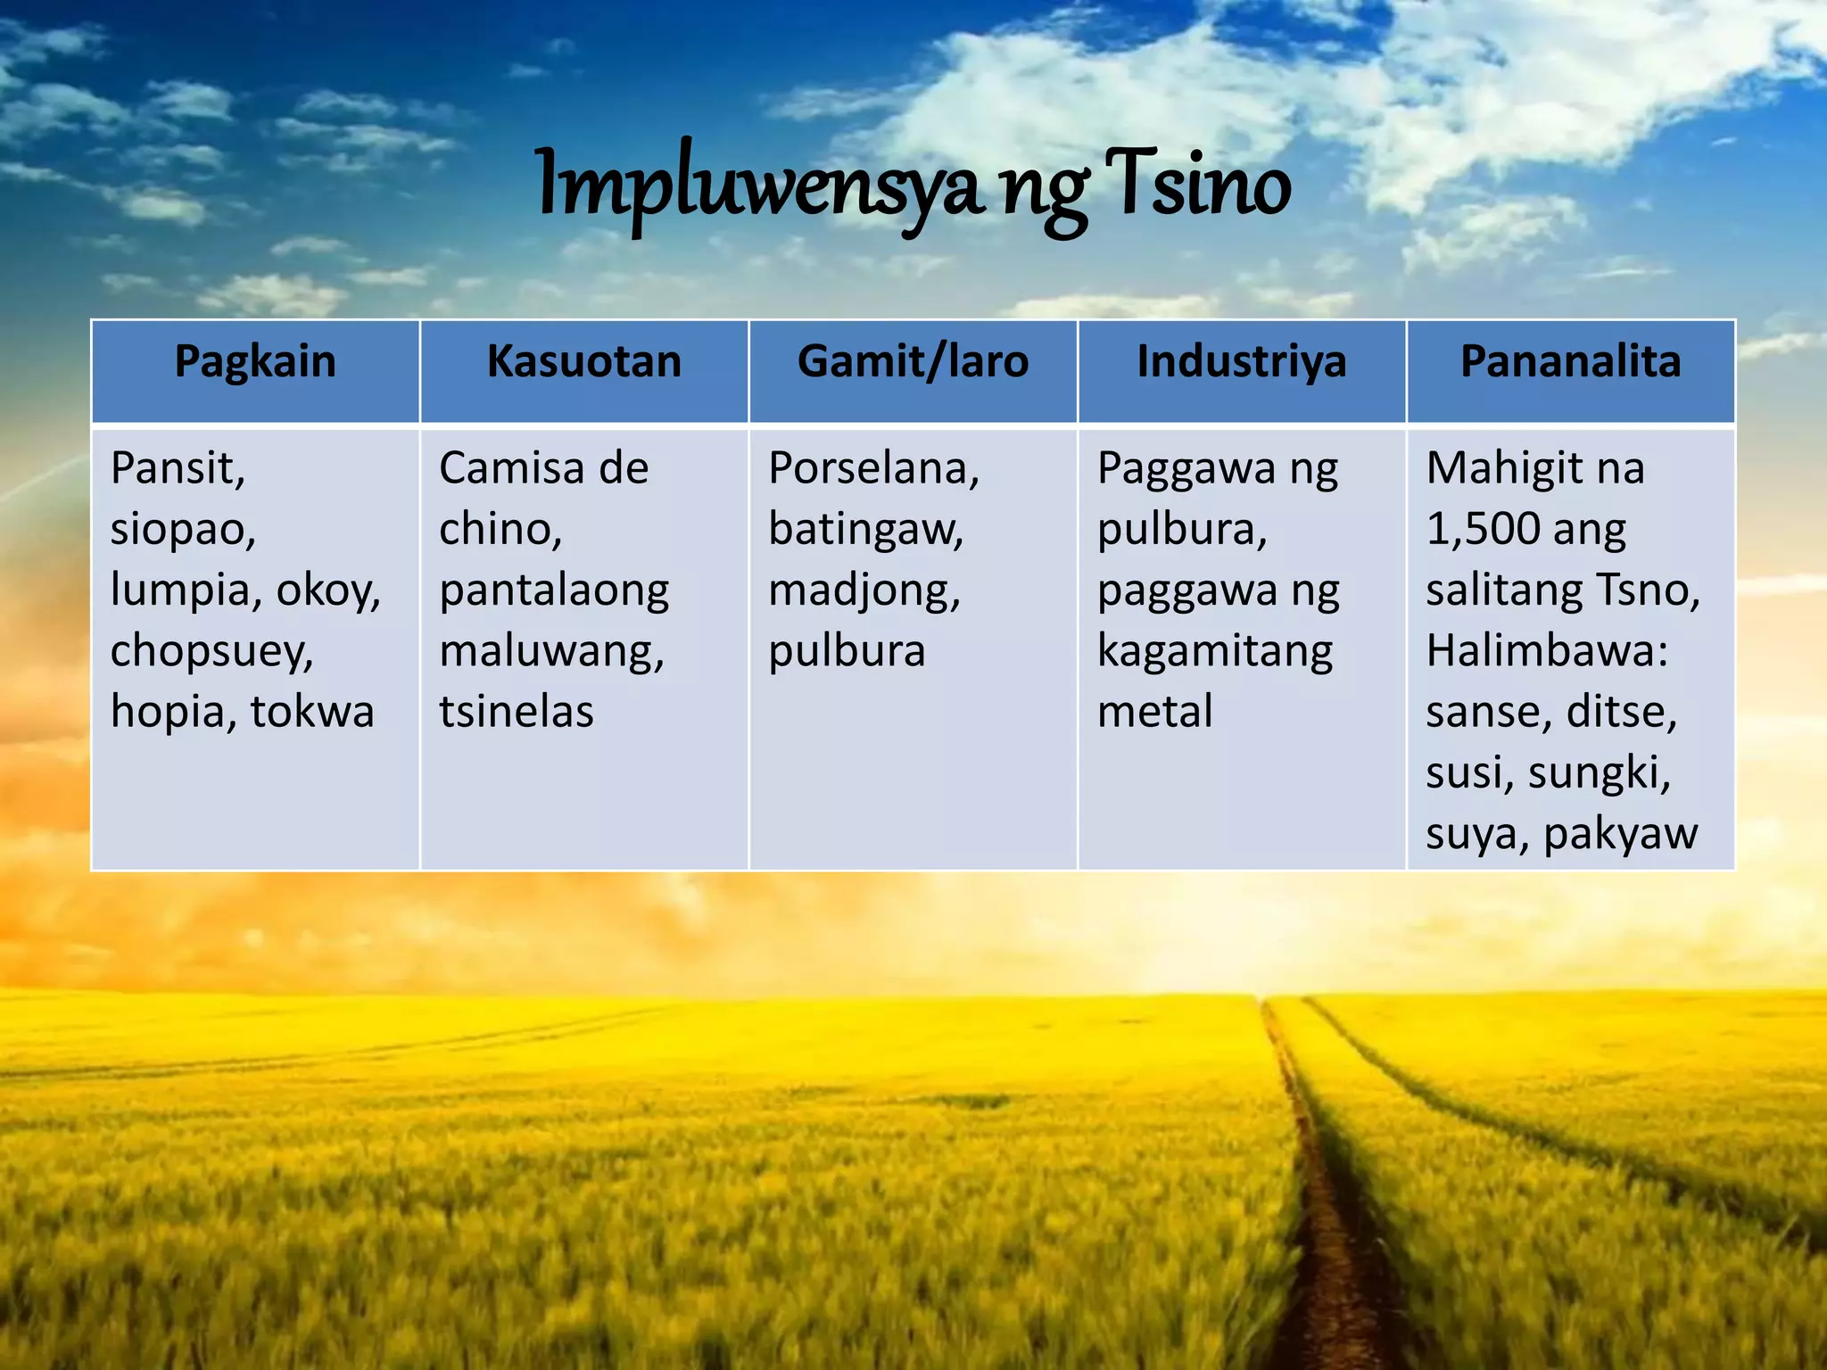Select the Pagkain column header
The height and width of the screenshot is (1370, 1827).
pos(255,362)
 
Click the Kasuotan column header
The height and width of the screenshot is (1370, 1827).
pos(583,362)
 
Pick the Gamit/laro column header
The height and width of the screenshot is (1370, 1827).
pos(913,362)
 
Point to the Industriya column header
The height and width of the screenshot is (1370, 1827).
pos(1241,362)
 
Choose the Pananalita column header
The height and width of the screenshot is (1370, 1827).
pos(1570,362)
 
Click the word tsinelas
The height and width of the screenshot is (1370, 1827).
pos(516,712)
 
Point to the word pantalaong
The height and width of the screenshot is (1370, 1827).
pos(554,591)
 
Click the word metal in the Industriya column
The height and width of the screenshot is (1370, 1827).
pos(1154,712)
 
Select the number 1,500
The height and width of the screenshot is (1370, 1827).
pos(1482,530)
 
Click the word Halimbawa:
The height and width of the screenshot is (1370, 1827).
pos(1547,651)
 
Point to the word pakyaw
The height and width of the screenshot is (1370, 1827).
pos(1620,834)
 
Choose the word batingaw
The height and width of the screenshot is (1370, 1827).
pos(865,530)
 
